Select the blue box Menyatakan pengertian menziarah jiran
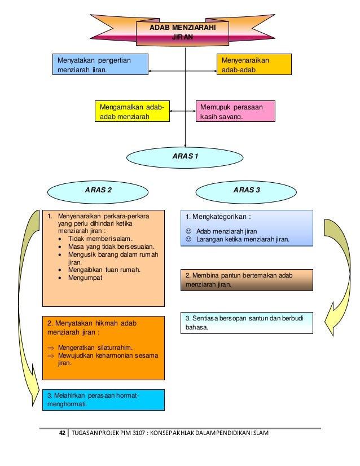pyautogui.click(x=99, y=64)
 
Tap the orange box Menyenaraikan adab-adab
pyautogui.click(x=254, y=64)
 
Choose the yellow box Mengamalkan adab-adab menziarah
pyautogui.click(x=131, y=111)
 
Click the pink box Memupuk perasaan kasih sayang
pyautogui.click(x=236, y=111)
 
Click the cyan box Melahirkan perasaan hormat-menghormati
pyautogui.click(x=102, y=399)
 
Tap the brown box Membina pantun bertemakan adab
pyautogui.click(x=247, y=279)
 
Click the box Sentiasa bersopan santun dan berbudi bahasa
pyautogui.click(x=247, y=323)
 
